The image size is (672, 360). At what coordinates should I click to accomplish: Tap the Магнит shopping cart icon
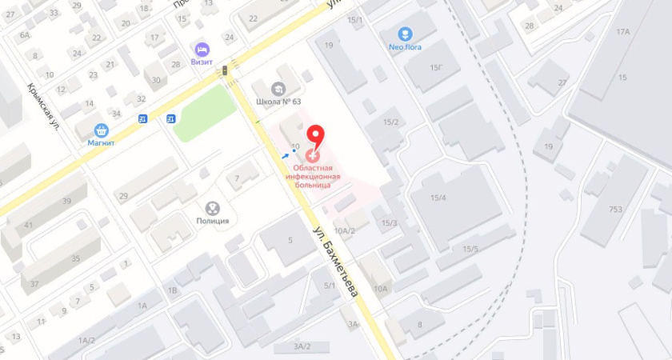point(102,130)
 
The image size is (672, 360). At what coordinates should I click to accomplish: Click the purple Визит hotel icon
point(201,50)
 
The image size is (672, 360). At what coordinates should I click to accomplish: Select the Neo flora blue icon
point(406,34)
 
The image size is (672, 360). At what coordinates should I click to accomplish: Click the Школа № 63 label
point(278,102)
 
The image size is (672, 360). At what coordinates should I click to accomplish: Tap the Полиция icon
point(213,208)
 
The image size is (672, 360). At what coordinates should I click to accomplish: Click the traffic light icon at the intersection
point(225,72)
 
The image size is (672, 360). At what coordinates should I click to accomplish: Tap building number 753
point(614,210)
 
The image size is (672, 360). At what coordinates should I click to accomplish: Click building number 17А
point(623,32)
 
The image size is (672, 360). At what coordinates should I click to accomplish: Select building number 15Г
point(437,67)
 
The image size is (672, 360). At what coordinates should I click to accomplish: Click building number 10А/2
point(345,231)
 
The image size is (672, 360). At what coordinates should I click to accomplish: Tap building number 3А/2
point(302,346)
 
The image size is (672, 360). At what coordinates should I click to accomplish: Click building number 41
point(29,226)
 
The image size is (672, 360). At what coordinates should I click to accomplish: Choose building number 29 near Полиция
point(123,195)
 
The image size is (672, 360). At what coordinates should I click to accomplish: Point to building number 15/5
point(470,249)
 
